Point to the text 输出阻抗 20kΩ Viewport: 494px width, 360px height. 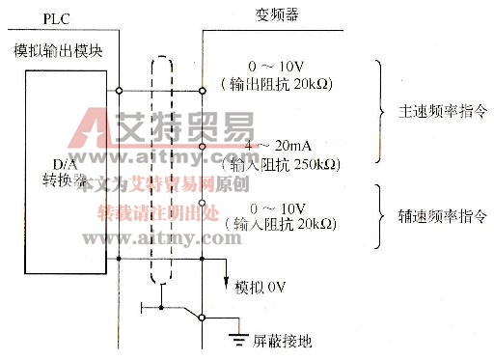278,85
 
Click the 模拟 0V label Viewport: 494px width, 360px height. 266,286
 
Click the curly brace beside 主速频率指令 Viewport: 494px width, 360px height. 380,111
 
